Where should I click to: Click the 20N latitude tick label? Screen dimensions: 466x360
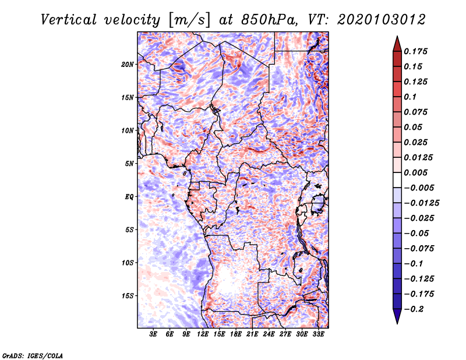[128, 65]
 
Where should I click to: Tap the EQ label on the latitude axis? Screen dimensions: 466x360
[129, 197]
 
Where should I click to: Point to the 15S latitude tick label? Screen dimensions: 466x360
[128, 296]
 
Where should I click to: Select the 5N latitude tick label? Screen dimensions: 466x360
[129, 164]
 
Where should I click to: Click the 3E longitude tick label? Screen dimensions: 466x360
[153, 334]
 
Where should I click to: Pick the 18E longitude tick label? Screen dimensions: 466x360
[236, 334]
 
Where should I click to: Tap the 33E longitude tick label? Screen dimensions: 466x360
[318, 334]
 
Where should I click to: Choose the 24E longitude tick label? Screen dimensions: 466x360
[269, 334]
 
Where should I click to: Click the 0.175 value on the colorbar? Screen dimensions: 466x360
[415, 51]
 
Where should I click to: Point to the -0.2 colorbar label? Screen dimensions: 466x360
[414, 309]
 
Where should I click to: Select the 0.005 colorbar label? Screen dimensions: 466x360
[415, 172]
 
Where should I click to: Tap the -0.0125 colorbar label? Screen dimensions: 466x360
[421, 203]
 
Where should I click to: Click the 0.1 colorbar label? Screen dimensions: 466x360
[410, 97]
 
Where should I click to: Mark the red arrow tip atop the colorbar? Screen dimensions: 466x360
[397, 37]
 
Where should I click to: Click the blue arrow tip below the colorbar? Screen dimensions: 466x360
[397, 323]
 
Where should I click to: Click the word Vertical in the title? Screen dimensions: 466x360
[69, 20]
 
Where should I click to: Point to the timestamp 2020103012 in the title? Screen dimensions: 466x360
[382, 20]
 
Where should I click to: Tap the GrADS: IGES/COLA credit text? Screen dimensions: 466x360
[33, 356]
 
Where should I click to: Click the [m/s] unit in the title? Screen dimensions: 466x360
[189, 20]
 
